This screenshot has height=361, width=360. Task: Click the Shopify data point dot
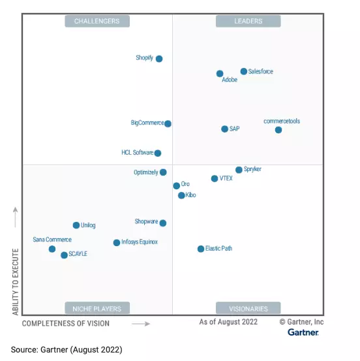[x=159, y=59]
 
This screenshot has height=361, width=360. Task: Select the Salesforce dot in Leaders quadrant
[x=244, y=71]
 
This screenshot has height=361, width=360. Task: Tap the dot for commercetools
[x=278, y=130]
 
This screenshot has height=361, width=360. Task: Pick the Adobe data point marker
[x=220, y=74]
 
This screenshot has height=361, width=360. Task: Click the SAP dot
[x=225, y=129]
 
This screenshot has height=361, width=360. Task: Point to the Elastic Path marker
[x=201, y=249]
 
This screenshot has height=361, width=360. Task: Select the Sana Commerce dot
[x=52, y=249]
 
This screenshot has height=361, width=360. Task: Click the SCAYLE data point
[x=64, y=255]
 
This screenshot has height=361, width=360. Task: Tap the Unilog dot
[x=76, y=225]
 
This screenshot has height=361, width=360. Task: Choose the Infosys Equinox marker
[x=117, y=243]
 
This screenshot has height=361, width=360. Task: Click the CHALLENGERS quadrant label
[x=97, y=22]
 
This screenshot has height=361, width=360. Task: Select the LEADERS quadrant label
[x=248, y=22]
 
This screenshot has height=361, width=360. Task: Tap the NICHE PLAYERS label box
[x=97, y=308]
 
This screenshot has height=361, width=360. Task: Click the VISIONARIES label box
[x=248, y=308]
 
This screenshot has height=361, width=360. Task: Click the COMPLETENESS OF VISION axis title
[x=66, y=323]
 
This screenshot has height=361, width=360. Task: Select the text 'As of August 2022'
[x=228, y=322]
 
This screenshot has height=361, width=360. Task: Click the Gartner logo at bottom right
[x=303, y=332]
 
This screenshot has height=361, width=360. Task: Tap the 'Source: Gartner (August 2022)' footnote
[x=67, y=350]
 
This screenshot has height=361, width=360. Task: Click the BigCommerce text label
[x=147, y=123]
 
